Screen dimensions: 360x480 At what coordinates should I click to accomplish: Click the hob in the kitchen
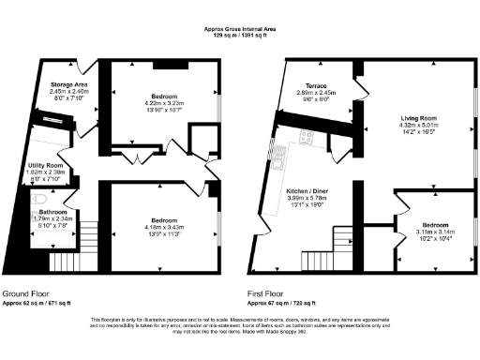click(306, 138)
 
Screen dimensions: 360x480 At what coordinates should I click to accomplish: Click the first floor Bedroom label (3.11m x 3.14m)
click(434, 226)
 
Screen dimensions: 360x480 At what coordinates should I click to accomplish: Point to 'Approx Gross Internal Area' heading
click(240, 29)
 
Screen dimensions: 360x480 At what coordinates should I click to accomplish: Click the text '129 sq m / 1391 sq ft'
click(240, 36)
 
